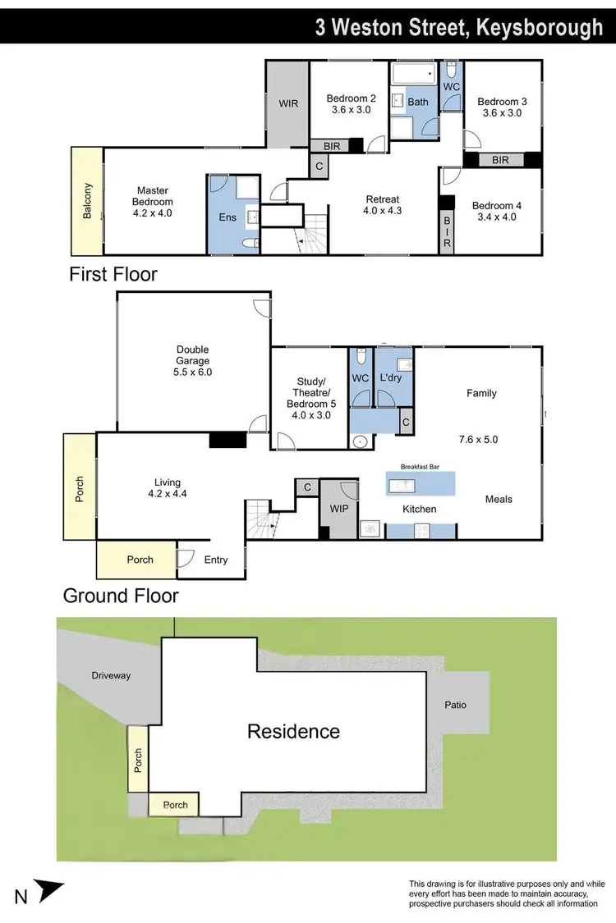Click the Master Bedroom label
click(154, 201)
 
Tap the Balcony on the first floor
click(87, 201)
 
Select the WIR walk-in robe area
click(287, 104)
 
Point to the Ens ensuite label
click(227, 217)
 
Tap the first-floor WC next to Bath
click(451, 86)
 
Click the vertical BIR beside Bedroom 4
click(448, 232)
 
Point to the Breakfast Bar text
click(420, 466)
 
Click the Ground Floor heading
click(121, 595)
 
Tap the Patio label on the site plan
click(455, 704)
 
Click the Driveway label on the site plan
click(110, 676)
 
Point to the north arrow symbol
click(50, 890)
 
